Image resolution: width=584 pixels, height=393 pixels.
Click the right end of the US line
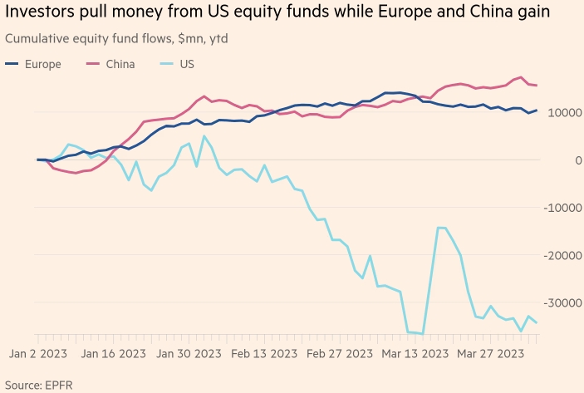point(537,322)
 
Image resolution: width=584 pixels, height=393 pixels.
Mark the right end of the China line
point(537,86)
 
